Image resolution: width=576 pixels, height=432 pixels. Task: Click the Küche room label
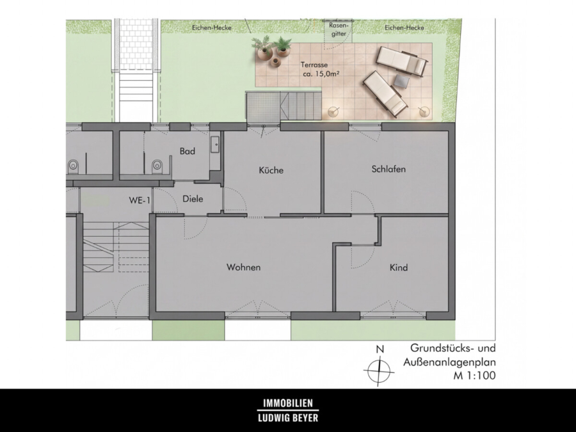click(271, 170)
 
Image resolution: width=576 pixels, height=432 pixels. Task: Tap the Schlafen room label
click(388, 169)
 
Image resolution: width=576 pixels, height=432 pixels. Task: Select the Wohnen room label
click(244, 267)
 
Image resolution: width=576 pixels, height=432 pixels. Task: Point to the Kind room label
click(399, 268)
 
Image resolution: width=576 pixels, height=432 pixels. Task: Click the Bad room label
click(188, 151)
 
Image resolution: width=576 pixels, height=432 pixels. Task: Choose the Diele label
click(193, 199)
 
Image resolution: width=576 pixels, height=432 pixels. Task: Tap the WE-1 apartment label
click(140, 200)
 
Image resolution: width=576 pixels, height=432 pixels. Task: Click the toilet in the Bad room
click(157, 166)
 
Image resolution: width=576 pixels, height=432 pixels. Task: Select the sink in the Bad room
click(215, 145)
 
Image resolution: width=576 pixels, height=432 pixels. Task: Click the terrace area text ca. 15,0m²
click(321, 74)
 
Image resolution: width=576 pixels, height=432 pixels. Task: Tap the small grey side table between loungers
click(402, 81)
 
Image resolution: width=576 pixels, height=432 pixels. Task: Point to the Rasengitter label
click(339, 29)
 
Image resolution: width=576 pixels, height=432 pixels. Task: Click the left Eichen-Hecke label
click(212, 28)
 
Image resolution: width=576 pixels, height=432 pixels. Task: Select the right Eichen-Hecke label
click(404, 28)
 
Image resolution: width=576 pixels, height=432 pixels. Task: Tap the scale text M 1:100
click(475, 376)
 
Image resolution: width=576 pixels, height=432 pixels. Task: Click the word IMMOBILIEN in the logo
click(288, 403)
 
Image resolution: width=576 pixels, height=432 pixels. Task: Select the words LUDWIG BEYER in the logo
click(288, 418)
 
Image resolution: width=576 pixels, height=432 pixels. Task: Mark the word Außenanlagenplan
click(450, 362)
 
